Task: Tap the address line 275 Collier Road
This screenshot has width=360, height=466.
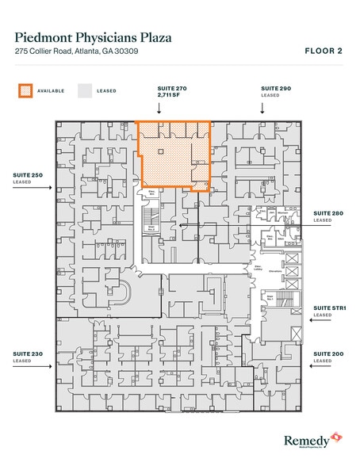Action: click(x=71, y=52)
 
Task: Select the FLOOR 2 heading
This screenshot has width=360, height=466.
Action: click(x=324, y=50)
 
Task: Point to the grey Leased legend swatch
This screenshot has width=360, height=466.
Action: click(x=84, y=90)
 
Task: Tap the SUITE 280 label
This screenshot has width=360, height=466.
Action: click(x=327, y=213)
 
